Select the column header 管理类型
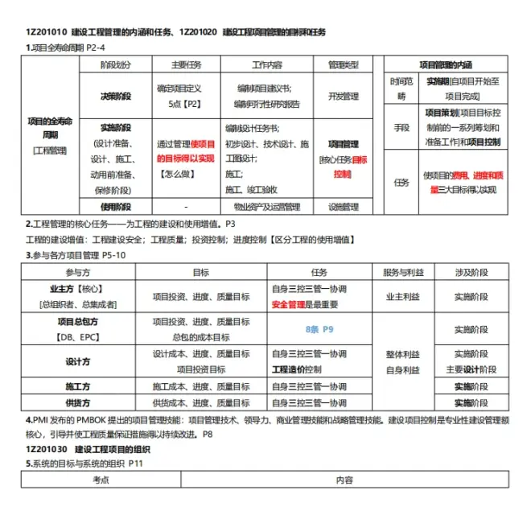coord(343,64)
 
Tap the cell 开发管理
coord(343,96)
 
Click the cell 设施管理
coord(343,207)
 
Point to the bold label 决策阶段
coord(115,96)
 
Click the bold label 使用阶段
coord(115,207)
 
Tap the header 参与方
coord(78,273)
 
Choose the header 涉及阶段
coord(470,273)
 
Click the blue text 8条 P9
coord(319,330)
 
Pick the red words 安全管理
coord(290,305)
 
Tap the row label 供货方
coord(78,402)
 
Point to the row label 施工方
coord(78,386)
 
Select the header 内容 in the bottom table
coord(344,480)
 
